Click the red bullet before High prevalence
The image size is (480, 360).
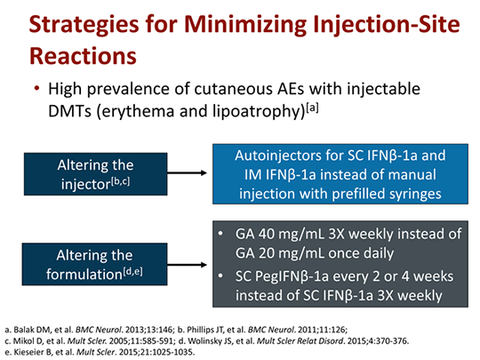click(36, 90)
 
